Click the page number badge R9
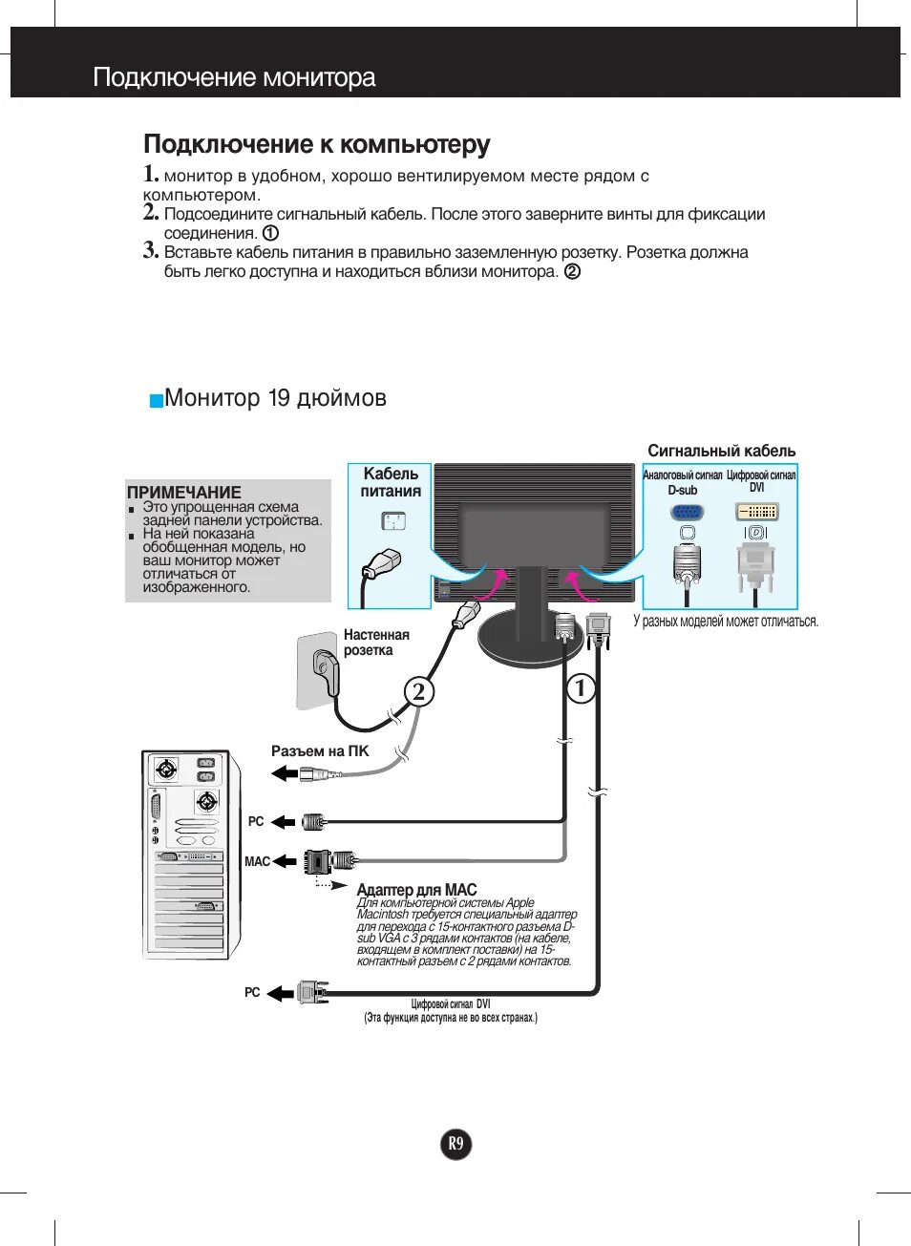tap(456, 1144)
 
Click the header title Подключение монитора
tap(234, 77)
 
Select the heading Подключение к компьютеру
tap(316, 144)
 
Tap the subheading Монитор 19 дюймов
tap(275, 398)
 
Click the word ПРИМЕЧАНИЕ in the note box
tap(183, 493)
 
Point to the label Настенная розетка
tap(375, 643)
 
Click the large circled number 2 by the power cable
tap(418, 691)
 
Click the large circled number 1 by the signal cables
tap(581, 687)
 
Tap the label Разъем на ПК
tap(319, 751)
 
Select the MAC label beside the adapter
tap(257, 861)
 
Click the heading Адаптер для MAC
tap(416, 890)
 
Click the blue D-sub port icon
tap(687, 512)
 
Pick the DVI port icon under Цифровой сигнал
tap(756, 512)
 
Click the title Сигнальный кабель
tap(721, 451)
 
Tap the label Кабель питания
tap(391, 482)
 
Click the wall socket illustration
tap(319, 670)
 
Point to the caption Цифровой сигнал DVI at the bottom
tap(451, 1004)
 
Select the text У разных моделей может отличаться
tap(726, 622)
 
